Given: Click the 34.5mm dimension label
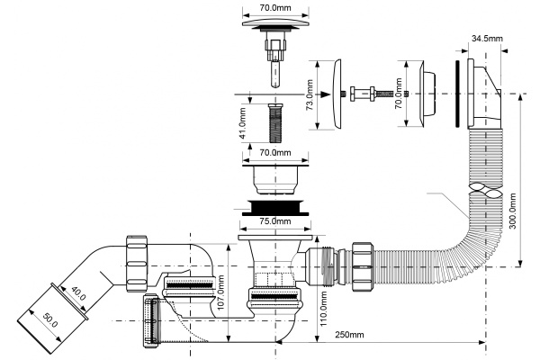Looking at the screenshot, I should click(487, 39).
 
